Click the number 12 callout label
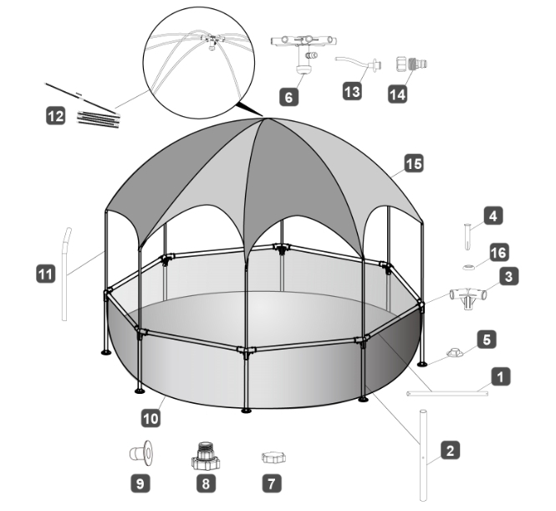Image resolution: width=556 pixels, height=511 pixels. [x=56, y=116]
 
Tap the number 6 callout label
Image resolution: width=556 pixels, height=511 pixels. [x=289, y=96]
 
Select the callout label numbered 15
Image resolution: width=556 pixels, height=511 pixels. [x=414, y=164]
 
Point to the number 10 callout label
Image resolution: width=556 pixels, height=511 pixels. [x=150, y=418]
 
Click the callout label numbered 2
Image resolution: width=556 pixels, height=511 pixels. [x=451, y=450]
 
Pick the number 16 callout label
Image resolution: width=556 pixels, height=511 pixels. [x=499, y=253]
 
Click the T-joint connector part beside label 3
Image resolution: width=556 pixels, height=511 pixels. [x=468, y=297]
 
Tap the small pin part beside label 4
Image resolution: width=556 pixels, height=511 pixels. [x=468, y=236]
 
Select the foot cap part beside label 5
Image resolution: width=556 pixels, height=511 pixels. [x=456, y=353]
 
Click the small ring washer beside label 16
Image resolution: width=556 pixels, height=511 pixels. [x=470, y=267]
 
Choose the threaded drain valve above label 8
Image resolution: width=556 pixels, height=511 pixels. [x=206, y=456]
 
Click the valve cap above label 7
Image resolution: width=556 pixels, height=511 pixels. [x=273, y=457]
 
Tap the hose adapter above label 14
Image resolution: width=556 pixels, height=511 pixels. [x=411, y=64]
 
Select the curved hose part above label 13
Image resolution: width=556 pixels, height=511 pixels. [x=358, y=63]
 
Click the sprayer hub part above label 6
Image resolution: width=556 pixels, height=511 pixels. [x=304, y=54]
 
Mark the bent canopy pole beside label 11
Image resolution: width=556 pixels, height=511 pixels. [x=65, y=274]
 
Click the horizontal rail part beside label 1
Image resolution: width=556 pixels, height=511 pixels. [x=447, y=393]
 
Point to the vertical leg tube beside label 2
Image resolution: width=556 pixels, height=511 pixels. [x=423, y=455]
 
